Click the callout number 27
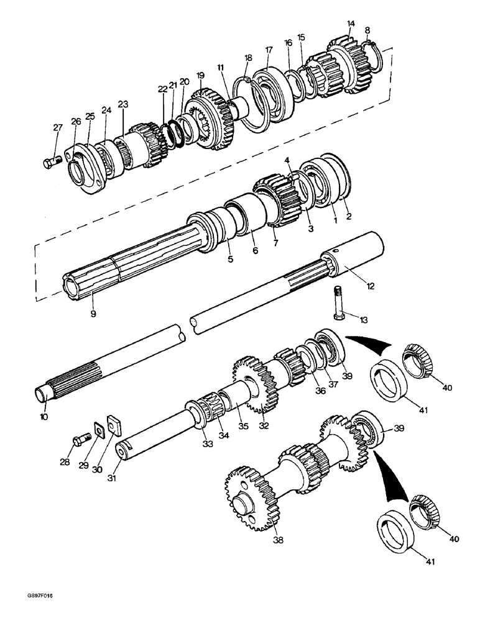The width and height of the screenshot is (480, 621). (x=58, y=127)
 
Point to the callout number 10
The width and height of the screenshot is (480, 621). (x=44, y=417)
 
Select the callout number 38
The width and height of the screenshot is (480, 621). (x=278, y=540)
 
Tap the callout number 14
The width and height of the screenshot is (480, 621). (x=351, y=24)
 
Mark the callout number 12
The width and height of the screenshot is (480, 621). (x=371, y=286)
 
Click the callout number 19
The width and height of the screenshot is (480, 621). (x=200, y=75)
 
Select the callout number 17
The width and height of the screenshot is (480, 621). (x=269, y=50)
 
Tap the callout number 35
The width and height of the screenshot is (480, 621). (x=224, y=427)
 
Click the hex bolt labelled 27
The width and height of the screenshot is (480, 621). (x=50, y=163)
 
